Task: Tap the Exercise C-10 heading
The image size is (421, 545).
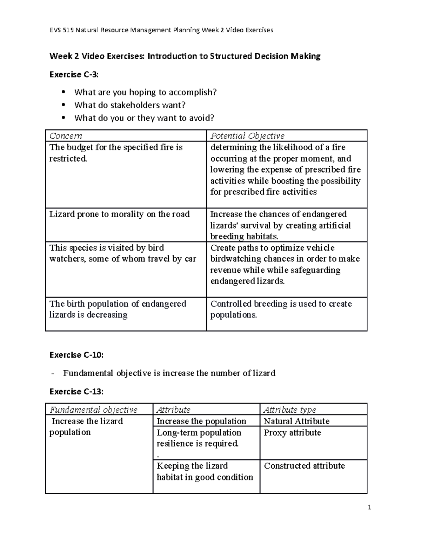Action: coord(76,355)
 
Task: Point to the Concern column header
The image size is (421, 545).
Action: coord(66,136)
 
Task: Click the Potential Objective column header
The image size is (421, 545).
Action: coord(247,136)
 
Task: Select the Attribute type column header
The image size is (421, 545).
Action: coord(290,410)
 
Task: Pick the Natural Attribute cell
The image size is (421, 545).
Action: coord(296,421)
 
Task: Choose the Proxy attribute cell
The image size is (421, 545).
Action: coord(292,432)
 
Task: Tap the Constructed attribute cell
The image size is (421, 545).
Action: coord(304,466)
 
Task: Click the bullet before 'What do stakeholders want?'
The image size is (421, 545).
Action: coord(64,105)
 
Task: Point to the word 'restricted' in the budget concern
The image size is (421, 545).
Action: coord(67,159)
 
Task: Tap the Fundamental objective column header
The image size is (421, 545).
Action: coord(93,410)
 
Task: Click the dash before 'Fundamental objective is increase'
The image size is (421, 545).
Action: coord(53,373)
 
